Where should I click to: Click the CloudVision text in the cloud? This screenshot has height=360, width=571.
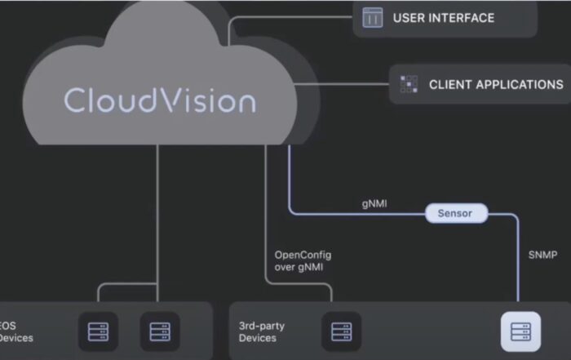160,100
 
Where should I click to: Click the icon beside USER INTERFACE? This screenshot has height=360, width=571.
373,17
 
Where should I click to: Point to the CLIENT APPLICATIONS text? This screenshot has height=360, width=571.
496,84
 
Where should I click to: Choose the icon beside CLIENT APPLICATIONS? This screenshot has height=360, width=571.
409,84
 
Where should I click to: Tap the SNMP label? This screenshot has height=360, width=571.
542,255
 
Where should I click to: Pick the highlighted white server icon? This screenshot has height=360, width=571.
520,331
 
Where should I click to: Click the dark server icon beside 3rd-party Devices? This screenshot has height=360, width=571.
340,331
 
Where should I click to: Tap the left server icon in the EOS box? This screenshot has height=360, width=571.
103,331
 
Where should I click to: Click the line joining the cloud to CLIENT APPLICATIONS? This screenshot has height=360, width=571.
343,84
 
